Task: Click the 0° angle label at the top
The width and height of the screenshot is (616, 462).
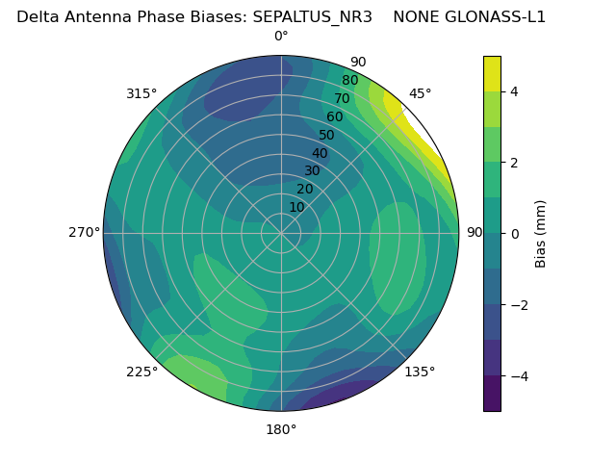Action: pyautogui.click(x=281, y=37)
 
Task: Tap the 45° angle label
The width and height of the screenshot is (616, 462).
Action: pyautogui.click(x=420, y=93)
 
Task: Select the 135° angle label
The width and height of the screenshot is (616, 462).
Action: pyautogui.click(x=420, y=372)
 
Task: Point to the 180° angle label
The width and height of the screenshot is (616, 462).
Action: pyautogui.click(x=281, y=429)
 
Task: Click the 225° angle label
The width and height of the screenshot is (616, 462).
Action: pyautogui.click(x=141, y=372)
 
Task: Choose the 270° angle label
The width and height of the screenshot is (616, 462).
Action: pyautogui.click(x=84, y=233)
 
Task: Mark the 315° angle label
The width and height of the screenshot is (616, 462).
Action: pyautogui.click(x=141, y=93)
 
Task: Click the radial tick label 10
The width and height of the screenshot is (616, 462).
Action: pyautogui.click(x=296, y=207)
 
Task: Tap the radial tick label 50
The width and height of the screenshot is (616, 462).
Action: pyautogui.click(x=326, y=135)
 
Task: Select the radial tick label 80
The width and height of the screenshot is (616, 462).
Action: pyautogui.click(x=349, y=81)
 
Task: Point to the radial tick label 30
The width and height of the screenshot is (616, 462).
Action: pyautogui.click(x=312, y=171)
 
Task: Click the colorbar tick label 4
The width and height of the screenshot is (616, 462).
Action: pyautogui.click(x=515, y=91)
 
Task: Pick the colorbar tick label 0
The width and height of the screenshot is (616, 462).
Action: pyautogui.click(x=515, y=234)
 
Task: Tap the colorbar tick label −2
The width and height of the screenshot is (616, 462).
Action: pyautogui.click(x=519, y=305)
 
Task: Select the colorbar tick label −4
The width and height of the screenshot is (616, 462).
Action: pyautogui.click(x=519, y=376)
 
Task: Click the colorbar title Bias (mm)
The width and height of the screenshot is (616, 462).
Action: pyautogui.click(x=541, y=234)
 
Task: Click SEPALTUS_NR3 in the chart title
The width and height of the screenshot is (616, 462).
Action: pyautogui.click(x=312, y=16)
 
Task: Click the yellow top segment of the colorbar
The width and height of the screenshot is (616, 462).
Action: pyautogui.click(x=492, y=73)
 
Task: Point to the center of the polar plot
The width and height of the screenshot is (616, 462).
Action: pyautogui.click(x=281, y=233)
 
